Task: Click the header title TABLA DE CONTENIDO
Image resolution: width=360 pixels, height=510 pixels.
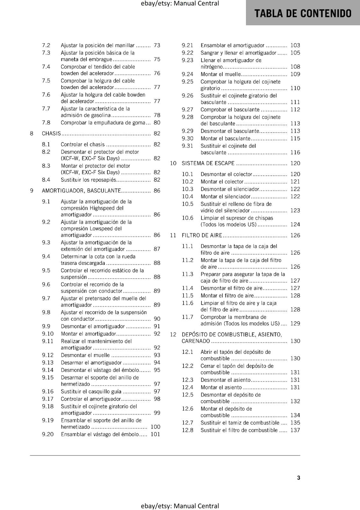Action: [303, 13]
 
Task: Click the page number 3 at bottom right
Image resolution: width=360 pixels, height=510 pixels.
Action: [299, 477]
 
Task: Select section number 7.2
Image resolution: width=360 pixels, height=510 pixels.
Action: [46, 45]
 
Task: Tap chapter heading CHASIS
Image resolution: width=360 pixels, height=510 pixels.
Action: [51, 133]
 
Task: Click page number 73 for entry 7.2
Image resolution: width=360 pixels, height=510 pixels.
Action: [157, 45]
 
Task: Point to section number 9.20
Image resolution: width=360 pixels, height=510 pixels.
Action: [48, 434]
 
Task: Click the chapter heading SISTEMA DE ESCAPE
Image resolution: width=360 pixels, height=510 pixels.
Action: [208, 163]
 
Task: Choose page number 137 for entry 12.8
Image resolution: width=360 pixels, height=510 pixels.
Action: [295, 430]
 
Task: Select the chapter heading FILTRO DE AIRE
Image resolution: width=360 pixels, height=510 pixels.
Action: [202, 235]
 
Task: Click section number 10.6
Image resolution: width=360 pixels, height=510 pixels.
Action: [188, 218]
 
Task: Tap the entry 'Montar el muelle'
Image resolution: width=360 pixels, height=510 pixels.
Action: [221, 74]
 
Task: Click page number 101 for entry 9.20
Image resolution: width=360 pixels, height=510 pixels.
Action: [155, 434]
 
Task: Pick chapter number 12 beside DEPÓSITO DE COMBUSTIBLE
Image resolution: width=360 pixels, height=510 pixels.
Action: [173, 334]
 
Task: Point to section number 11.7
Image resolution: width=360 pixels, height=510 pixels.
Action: [188, 317]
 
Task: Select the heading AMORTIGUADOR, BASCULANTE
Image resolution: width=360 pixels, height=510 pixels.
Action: [81, 191]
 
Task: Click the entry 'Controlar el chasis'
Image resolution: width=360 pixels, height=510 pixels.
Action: [83, 144]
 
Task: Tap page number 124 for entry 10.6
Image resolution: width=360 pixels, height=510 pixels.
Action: [295, 224]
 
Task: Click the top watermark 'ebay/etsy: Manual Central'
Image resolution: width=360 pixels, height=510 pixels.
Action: [180, 4]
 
